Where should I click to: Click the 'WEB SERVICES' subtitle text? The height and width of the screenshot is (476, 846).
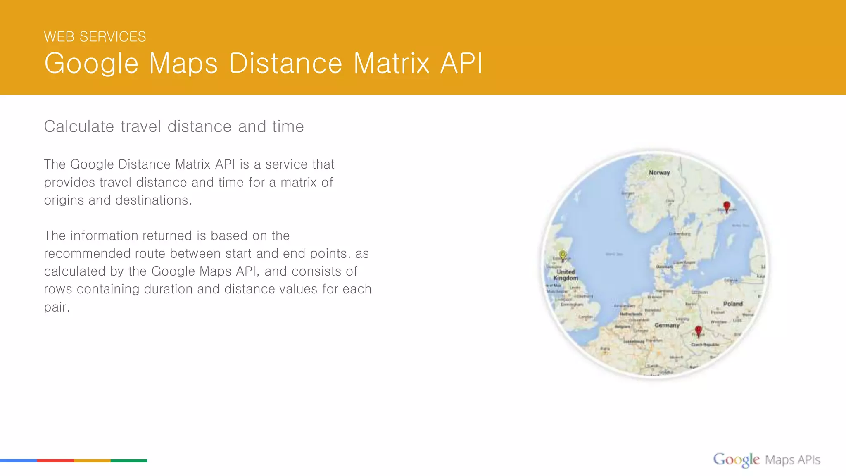click(x=95, y=37)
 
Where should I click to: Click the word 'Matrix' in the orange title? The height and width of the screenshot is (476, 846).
click(x=391, y=64)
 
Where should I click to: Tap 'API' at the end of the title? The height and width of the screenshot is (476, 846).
click(x=461, y=64)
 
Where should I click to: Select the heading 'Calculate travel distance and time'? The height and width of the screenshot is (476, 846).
click(x=173, y=126)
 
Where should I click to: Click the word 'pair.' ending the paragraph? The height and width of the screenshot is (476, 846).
click(x=57, y=307)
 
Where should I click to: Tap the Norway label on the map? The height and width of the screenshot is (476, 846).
click(x=659, y=173)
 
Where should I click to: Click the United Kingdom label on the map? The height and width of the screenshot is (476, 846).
click(x=566, y=275)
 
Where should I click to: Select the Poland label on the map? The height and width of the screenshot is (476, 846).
click(x=733, y=304)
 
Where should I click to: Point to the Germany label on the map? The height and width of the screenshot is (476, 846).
click(x=667, y=325)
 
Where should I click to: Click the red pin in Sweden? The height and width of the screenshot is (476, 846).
click(x=727, y=206)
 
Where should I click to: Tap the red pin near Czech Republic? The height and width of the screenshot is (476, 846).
click(x=698, y=331)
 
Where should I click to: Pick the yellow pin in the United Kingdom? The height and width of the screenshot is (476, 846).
click(x=563, y=255)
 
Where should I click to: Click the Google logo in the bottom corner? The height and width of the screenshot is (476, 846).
click(x=736, y=459)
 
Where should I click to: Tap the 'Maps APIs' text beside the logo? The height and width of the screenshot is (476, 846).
click(x=792, y=460)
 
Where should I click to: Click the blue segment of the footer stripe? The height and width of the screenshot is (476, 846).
click(x=19, y=460)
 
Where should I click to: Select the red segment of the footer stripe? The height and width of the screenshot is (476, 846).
click(x=55, y=460)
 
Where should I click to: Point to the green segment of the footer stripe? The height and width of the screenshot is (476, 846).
click(x=129, y=460)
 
